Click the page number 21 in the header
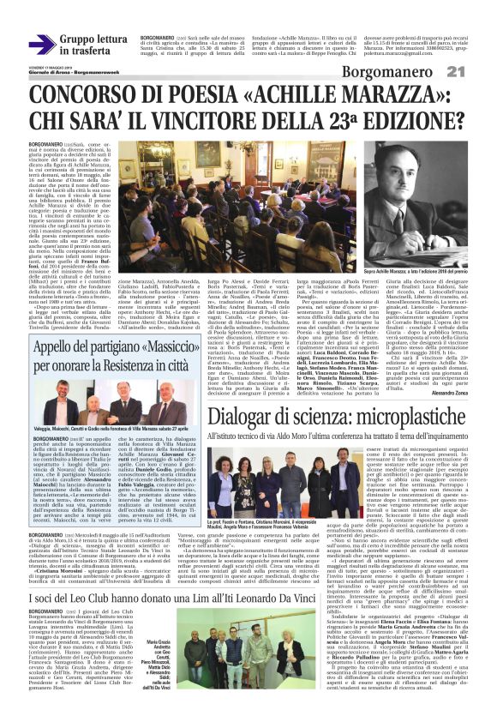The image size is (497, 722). coord(476,70)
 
